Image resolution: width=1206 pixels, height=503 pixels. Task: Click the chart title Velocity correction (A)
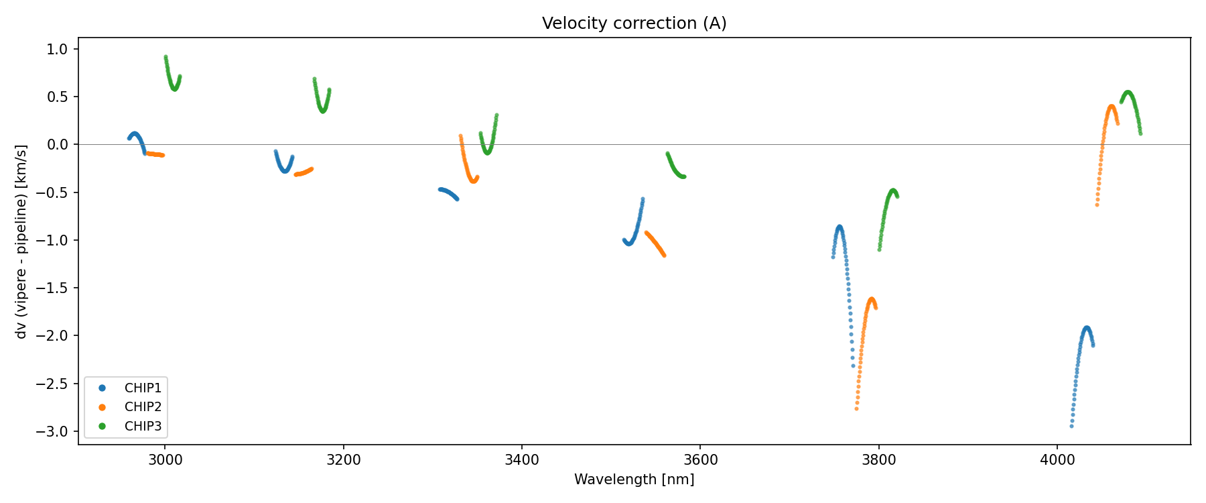tap(634, 23)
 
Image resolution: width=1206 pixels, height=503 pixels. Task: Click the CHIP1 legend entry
tap(143, 388)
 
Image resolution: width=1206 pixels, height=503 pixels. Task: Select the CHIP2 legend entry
tap(143, 407)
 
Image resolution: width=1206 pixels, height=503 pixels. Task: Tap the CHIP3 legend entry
tap(143, 427)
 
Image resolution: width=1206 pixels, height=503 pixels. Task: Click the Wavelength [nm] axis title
tap(634, 480)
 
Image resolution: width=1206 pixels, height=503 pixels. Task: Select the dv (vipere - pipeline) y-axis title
tap(21, 241)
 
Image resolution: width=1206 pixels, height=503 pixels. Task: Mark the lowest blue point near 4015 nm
tap(1071, 426)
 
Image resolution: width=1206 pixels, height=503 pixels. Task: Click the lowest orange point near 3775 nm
tap(856, 408)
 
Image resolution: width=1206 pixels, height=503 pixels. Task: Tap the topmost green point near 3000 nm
tap(165, 57)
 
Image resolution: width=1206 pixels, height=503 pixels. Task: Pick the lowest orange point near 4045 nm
tap(1097, 205)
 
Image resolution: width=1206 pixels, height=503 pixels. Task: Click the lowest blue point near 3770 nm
tap(853, 366)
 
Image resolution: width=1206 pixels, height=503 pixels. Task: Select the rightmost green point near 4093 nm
tap(1140, 133)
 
